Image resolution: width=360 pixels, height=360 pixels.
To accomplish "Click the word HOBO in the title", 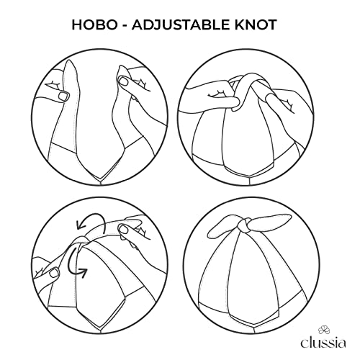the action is point(94,24).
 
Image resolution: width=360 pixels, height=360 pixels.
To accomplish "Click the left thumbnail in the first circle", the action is point(64,96).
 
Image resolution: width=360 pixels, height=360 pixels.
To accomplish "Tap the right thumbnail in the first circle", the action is point(124,81).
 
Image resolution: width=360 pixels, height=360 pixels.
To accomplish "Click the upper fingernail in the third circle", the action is point(124,229).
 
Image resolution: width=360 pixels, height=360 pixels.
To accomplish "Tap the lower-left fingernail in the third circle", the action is point(54,272).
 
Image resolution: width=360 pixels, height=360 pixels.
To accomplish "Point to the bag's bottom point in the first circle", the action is point(100,179).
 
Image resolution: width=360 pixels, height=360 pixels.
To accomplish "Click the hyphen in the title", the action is point(125,26).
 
